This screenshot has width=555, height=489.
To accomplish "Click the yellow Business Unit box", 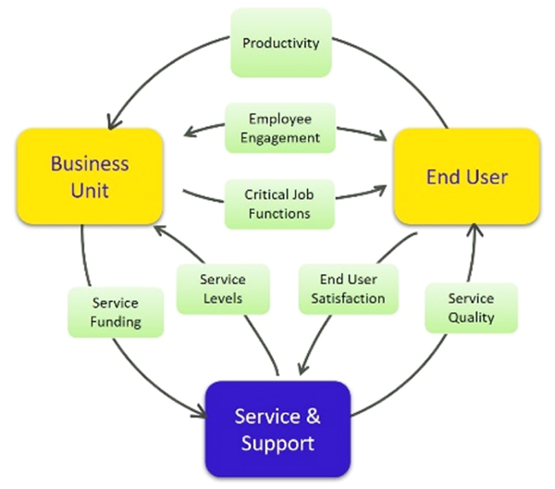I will [x=90, y=177].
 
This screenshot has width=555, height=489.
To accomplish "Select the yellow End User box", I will [x=466, y=176].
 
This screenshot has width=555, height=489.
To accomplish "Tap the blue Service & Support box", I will [x=277, y=429].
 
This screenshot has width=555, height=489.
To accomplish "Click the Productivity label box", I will [x=280, y=43].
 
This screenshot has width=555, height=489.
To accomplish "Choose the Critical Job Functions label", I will [x=278, y=204].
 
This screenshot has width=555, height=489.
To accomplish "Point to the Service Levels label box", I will [x=222, y=289].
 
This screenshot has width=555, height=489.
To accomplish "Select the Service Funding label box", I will [x=116, y=312].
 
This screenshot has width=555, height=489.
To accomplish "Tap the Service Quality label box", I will [x=471, y=307].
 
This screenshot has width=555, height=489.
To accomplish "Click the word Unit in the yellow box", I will [x=90, y=192].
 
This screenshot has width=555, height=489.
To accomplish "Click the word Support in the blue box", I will [x=277, y=443].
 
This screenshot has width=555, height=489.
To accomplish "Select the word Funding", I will [x=116, y=321].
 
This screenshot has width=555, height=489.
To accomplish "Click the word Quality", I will [x=471, y=317].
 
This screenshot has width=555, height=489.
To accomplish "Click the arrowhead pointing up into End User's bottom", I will [x=474, y=230].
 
